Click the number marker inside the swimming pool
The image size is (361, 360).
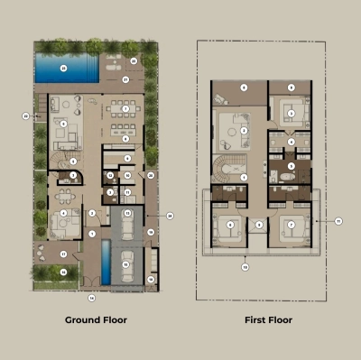pos(63,68)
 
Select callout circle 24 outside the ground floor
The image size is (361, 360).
pos(170,215)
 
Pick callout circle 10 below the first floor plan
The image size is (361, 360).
pos(245,266)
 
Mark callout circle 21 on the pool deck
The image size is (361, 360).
pos(126,79)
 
